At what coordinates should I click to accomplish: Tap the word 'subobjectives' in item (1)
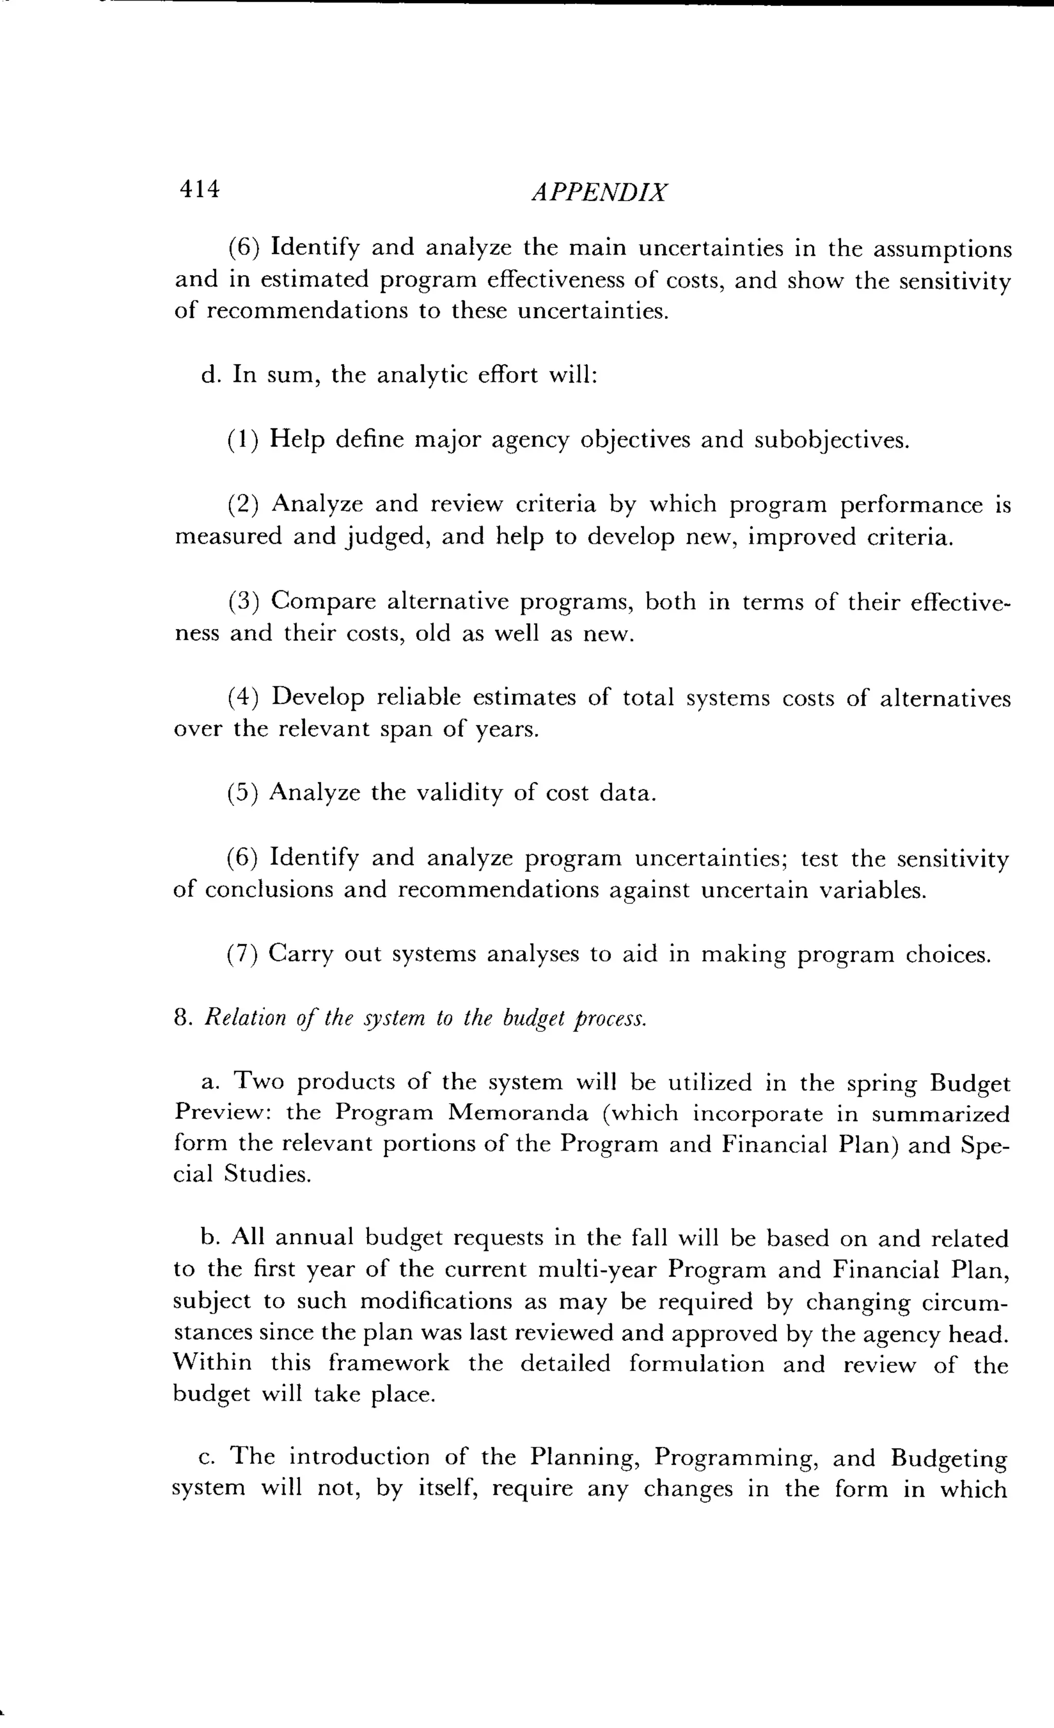832,440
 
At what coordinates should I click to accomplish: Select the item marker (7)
242,955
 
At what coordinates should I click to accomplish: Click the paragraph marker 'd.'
210,375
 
